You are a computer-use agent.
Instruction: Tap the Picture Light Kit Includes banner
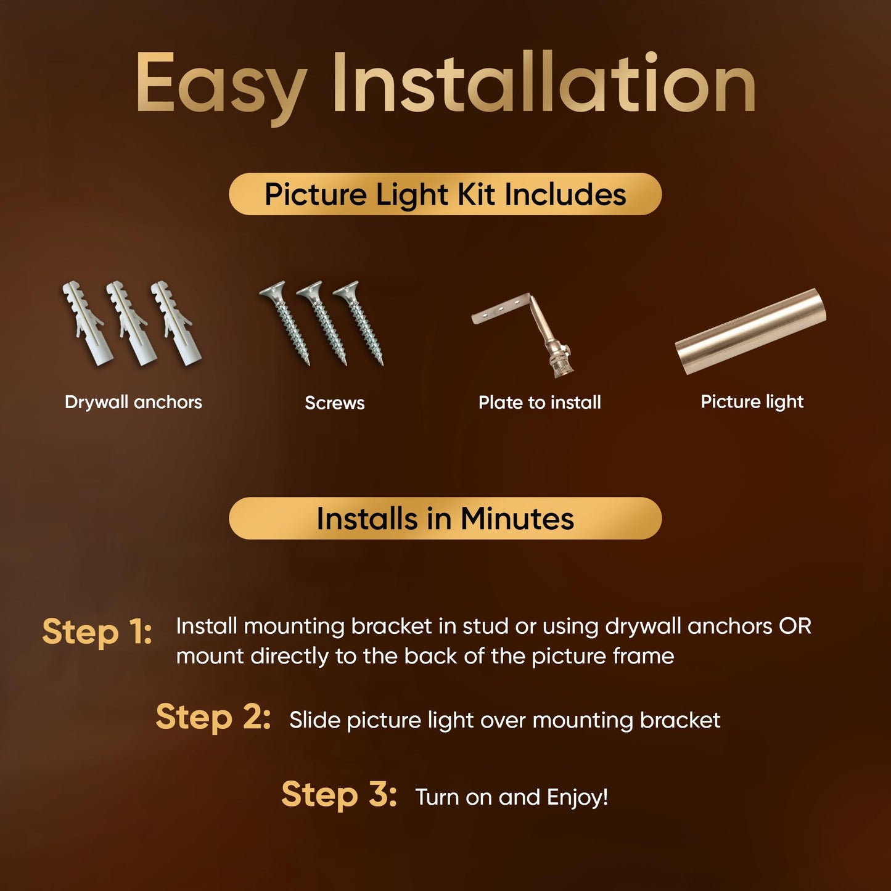coord(445,194)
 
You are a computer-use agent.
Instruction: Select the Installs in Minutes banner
coord(445,519)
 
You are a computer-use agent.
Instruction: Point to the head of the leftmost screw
coord(272,290)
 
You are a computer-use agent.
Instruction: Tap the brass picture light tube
coord(750,331)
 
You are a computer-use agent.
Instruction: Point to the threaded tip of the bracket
coord(564,364)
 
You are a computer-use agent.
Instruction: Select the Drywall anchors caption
coord(133,402)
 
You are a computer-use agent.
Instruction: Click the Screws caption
coord(334,403)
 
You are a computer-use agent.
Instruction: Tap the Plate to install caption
coord(540,403)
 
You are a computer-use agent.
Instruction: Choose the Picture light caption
coord(752,402)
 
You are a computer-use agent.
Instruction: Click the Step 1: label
coord(97,631)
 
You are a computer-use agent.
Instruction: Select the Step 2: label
coord(213,716)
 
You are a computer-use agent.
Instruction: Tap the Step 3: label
coord(339,794)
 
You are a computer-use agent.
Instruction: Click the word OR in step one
coord(795,626)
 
